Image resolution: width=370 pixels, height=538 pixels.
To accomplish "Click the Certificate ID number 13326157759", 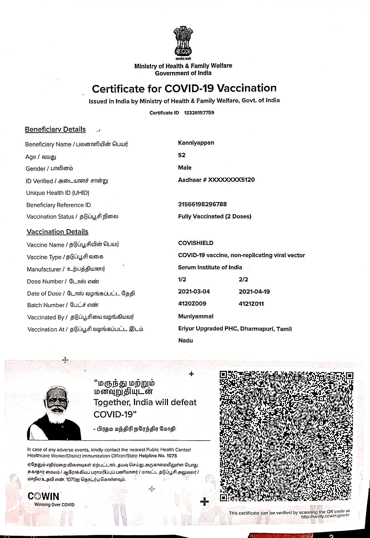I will coord(199,113).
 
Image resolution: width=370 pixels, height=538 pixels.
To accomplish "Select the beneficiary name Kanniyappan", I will coord(196,143).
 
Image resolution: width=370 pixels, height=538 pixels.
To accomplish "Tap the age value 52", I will coord(182,155).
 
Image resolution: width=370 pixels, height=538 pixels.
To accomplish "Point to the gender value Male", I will coord(185,168).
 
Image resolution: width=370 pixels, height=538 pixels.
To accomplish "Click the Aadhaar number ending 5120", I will coord(216,180).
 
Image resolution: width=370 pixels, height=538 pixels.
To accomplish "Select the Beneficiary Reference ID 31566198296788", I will coord(202,204).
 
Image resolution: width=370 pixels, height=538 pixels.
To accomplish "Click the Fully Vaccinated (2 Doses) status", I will coord(214,216).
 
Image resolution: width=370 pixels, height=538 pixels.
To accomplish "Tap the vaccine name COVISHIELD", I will coord(196,243).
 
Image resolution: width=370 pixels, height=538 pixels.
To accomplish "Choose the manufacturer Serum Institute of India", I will coord(210,267).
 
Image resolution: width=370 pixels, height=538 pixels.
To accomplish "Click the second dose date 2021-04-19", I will coord(254,292).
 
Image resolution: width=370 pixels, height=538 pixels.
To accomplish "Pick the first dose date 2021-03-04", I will coord(194,292).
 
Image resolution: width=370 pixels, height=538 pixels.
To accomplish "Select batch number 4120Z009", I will coord(192,304).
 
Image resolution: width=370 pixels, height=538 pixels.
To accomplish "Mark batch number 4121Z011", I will coord(251,304).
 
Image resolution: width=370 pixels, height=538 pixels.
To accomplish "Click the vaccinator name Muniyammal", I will coord(196,316).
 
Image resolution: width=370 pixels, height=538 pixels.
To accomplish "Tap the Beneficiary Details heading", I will coord(55,130).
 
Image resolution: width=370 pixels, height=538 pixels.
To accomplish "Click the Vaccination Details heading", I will coord(58,232).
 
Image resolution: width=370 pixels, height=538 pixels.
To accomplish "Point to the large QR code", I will coord(286,436).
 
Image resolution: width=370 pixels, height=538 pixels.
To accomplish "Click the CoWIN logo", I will coord(43,496).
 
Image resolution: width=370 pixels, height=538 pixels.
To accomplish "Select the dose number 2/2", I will coord(243,280).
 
